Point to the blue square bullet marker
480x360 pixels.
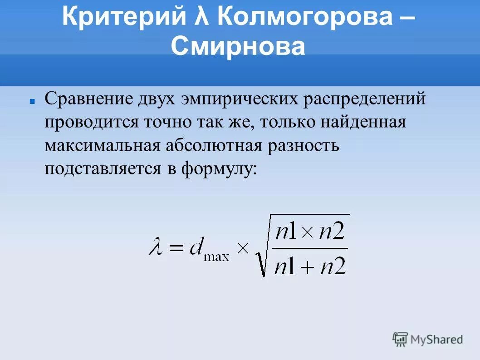pos(32,103)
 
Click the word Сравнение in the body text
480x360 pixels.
pos(88,99)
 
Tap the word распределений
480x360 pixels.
pos(364,99)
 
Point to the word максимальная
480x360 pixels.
pos(102,146)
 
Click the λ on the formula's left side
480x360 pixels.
pos(156,248)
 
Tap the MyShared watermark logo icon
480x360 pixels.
pos(401,339)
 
